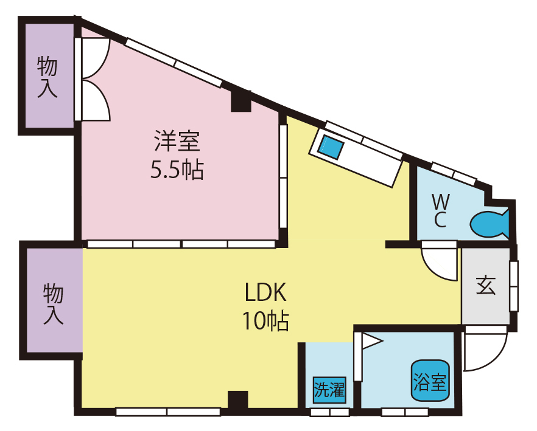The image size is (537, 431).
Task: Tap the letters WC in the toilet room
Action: click(x=441, y=210)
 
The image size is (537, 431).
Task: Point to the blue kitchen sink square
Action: click(x=332, y=147)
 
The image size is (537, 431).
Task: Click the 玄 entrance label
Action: click(x=486, y=285)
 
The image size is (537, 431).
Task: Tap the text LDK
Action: click(x=265, y=294)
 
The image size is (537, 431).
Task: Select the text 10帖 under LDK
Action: click(x=265, y=320)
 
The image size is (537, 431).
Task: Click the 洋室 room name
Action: click(x=177, y=142)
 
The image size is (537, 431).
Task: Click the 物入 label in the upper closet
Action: click(x=47, y=77)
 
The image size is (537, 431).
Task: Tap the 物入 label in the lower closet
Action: click(x=54, y=304)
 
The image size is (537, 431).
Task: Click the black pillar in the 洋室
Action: click(x=241, y=100)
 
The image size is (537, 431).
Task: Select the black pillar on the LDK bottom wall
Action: click(x=237, y=401)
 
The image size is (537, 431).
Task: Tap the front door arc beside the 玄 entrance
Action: click(x=484, y=350)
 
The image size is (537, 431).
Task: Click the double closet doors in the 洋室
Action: click(x=94, y=80)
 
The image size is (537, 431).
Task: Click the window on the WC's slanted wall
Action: click(x=454, y=173)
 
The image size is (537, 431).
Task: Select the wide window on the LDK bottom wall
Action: click(x=168, y=412)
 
